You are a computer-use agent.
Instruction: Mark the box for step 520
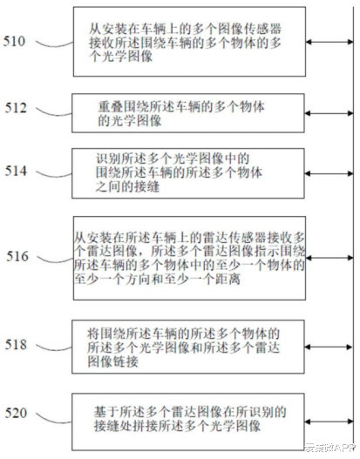189,413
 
